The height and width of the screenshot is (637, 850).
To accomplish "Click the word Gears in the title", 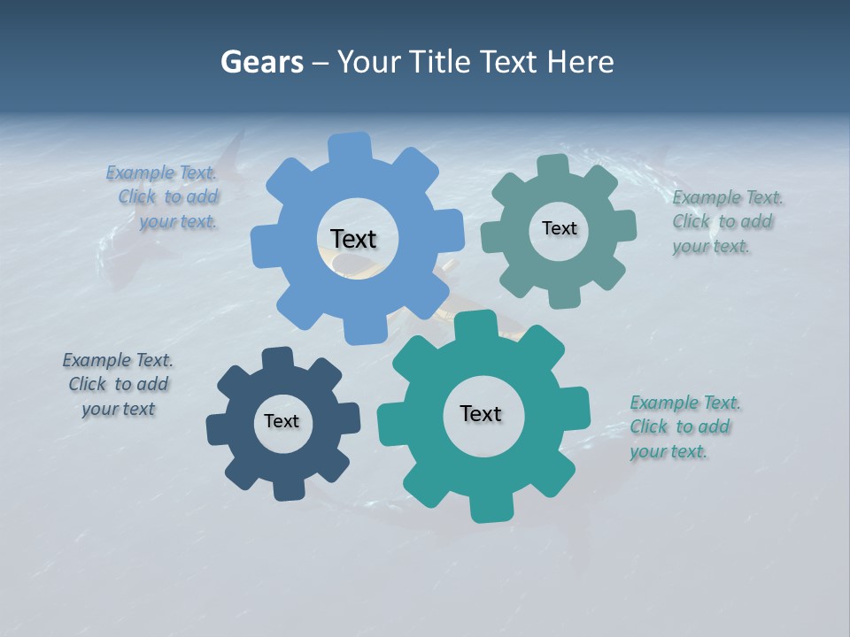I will coord(262,62).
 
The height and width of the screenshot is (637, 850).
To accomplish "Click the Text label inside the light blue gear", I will coord(353,239).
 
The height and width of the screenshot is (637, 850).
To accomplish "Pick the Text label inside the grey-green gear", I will coord(559,228).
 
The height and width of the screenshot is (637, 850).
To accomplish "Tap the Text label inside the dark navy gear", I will coord(282,421).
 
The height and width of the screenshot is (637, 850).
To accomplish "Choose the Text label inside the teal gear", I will coord(481,414).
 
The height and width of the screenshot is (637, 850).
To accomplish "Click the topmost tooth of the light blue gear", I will coord(349,146).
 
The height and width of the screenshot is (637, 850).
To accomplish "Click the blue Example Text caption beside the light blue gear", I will coord(162,197).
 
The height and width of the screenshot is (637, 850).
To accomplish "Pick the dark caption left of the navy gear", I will coord(118,385).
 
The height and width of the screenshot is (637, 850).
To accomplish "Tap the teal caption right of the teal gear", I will coord(685,427).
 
